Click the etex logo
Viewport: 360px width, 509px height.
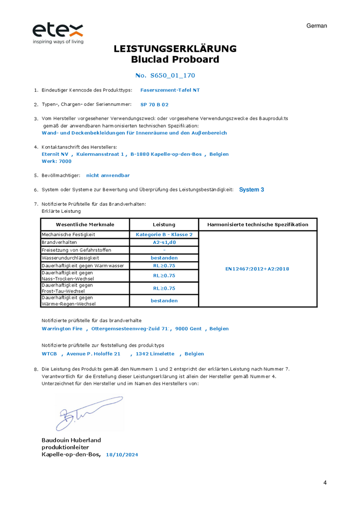pyautogui.click(x=58, y=32)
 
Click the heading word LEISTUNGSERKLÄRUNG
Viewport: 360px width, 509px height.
pyautogui.click(x=175, y=49)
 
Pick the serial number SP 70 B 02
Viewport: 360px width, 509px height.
pyautogui.click(x=154, y=104)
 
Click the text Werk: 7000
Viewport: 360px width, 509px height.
pyautogui.click(x=57, y=161)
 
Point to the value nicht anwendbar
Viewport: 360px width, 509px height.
pyautogui.click(x=108, y=175)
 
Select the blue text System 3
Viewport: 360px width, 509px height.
pyautogui.click(x=252, y=189)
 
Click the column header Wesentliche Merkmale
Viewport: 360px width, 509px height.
pyautogui.click(x=85, y=224)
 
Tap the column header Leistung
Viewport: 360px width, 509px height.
pyautogui.click(x=164, y=224)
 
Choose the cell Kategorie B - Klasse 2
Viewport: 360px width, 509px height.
pyautogui.click(x=164, y=235)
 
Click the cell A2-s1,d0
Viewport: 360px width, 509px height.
pyautogui.click(x=164, y=242)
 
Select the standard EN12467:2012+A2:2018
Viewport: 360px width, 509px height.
pyautogui.click(x=257, y=269)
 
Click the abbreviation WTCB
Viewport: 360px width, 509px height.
pyautogui.click(x=49, y=354)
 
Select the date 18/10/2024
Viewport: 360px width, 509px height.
pyautogui.click(x=122, y=455)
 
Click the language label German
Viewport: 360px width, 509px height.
pyautogui.click(x=317, y=26)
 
